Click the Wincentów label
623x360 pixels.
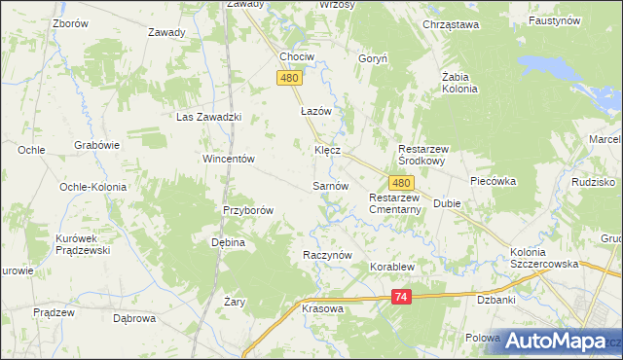[x=228, y=159]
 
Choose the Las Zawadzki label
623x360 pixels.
[x=207, y=117]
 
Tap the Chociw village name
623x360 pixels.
[x=297, y=56]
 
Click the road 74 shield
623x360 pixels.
[x=402, y=300]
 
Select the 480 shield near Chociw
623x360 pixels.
[x=288, y=79]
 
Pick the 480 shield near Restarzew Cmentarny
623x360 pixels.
[x=402, y=183]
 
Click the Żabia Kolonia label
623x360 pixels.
[x=459, y=82]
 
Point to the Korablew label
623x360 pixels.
[x=391, y=266]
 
